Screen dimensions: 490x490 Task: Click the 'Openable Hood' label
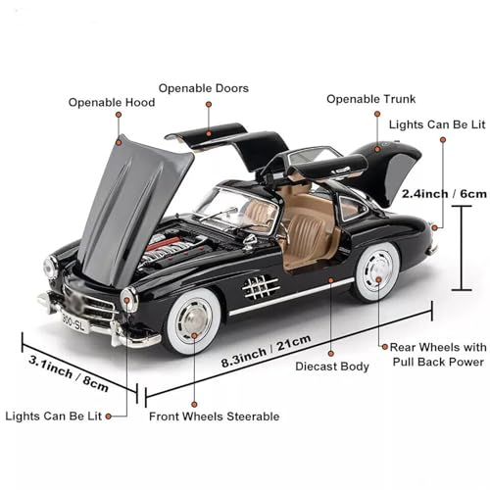[x=110, y=102]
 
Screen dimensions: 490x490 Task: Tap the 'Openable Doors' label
[x=203, y=88]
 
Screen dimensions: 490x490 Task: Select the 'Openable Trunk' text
[x=370, y=99]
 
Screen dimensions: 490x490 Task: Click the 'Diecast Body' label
[x=330, y=367]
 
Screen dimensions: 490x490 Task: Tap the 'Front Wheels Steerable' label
[x=214, y=416]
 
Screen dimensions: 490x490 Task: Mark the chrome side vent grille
[x=259, y=287]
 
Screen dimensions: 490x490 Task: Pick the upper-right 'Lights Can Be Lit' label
[x=437, y=125]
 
